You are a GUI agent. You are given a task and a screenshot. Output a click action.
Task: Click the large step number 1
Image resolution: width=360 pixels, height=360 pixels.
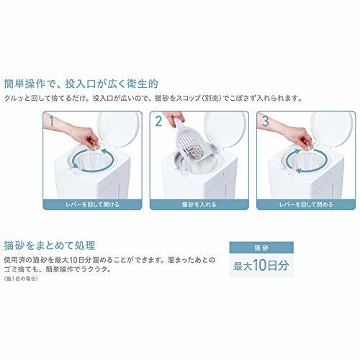pos(51,121)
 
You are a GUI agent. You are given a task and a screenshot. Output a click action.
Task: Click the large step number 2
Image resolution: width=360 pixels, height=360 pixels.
pos(158,121)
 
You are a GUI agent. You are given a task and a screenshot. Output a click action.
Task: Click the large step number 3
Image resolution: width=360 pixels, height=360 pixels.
pos(266,121)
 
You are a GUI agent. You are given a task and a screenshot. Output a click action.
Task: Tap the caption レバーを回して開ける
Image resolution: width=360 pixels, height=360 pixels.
pos(92,204)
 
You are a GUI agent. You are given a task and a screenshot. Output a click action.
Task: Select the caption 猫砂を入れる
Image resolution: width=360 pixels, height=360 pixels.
pos(199,204)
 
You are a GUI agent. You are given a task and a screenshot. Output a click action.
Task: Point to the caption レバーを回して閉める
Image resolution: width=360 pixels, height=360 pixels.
pos(306,204)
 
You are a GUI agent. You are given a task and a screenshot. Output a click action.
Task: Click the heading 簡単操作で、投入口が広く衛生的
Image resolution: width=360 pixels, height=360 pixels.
pos(81,84)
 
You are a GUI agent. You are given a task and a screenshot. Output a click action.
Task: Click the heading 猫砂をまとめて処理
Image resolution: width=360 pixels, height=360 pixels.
pos(50,246)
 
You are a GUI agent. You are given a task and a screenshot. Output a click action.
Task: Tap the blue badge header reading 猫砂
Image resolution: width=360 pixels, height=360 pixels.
pos(261,248)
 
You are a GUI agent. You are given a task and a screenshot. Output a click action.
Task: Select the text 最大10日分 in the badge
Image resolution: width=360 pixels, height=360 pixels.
pos(261,266)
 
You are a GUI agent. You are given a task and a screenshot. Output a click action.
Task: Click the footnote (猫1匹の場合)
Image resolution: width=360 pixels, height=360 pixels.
pos(21,279)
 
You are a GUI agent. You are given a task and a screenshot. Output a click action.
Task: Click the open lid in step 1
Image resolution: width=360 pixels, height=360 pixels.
pos(118,130)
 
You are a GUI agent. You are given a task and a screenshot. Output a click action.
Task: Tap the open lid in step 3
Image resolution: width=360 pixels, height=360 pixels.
pos(332,130)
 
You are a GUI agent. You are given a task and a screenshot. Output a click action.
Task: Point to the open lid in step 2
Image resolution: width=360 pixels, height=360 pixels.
pos(225,130)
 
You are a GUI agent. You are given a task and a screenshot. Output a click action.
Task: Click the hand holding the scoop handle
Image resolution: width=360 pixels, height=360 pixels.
pos(174,118)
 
